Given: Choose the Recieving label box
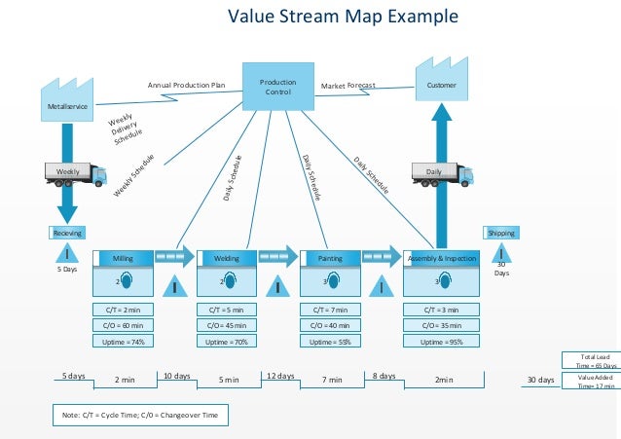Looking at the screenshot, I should tap(67, 233).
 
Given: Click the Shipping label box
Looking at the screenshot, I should tap(501, 233).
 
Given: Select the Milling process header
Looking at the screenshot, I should tap(124, 258).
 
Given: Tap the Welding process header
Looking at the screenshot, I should tap(227, 258).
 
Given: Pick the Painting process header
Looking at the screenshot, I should tap(331, 258).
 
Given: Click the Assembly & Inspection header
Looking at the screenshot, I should tap(441, 258).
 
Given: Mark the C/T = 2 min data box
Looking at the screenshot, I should tap(124, 310).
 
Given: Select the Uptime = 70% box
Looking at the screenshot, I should tap(227, 342).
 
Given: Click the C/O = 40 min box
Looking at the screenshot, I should tap(331, 325).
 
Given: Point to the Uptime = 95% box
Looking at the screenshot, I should tap(441, 342).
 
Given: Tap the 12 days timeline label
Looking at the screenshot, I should tap(279, 375).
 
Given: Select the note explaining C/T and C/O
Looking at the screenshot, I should tap(140, 416).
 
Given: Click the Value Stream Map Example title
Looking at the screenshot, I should tap(342, 17).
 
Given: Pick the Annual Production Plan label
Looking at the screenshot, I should tap(186, 86).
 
